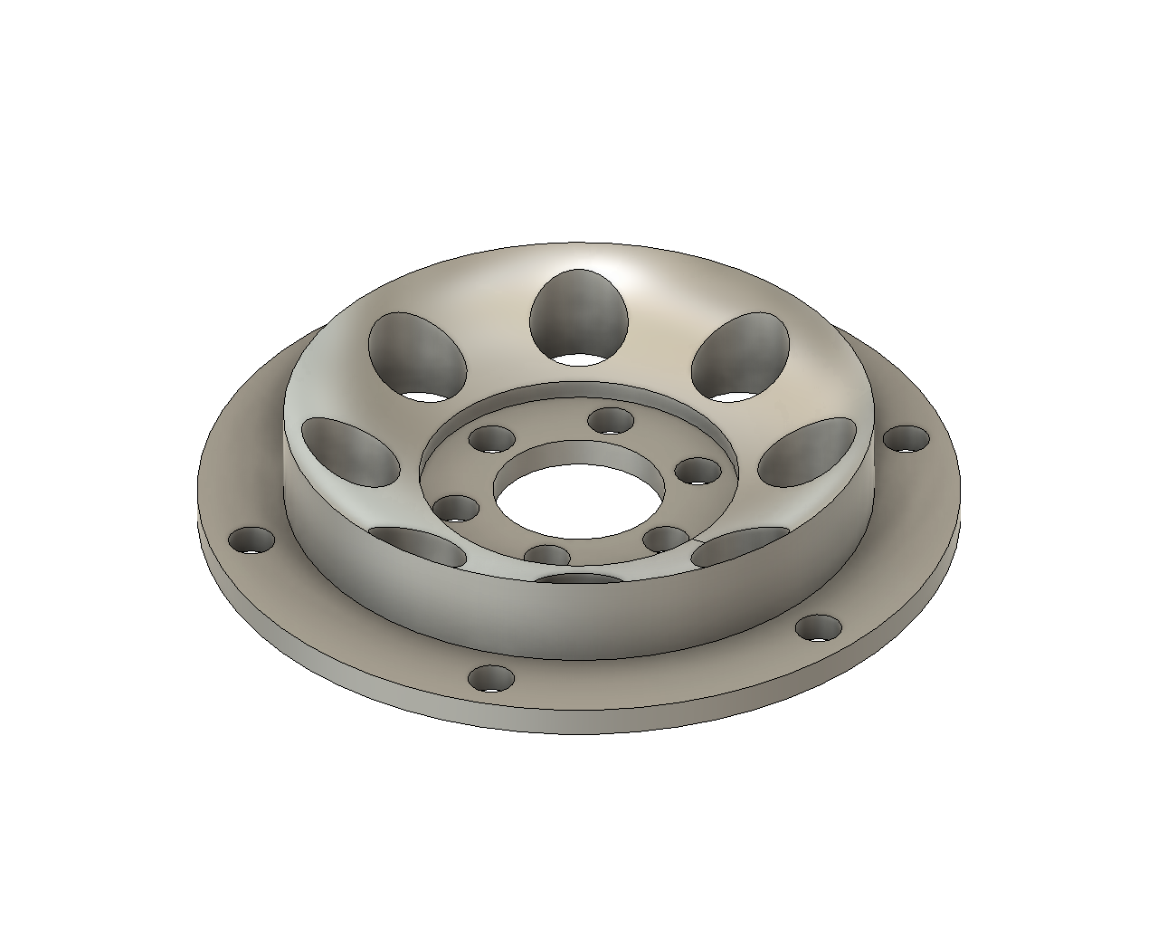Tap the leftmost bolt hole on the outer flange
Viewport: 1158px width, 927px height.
point(252,541)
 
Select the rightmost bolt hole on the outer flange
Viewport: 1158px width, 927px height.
point(906,441)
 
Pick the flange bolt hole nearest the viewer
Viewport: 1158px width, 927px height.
point(492,679)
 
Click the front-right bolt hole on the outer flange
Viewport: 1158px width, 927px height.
point(818,627)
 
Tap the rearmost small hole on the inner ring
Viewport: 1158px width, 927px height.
point(612,421)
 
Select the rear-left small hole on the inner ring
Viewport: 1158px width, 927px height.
point(492,440)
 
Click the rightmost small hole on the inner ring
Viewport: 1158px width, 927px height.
point(698,472)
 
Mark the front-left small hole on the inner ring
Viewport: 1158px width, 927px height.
point(547,555)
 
